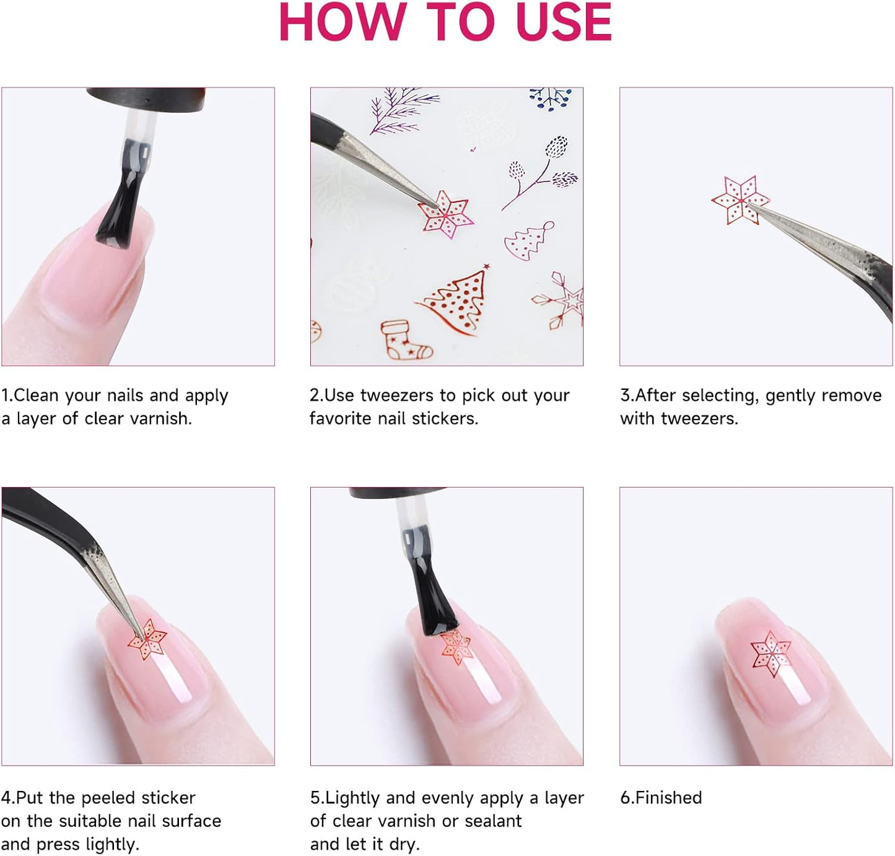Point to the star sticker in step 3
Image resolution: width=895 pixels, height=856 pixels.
pos(741,200)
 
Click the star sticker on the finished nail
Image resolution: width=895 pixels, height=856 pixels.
pos(771,653)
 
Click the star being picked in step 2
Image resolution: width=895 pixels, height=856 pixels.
pos(445,215)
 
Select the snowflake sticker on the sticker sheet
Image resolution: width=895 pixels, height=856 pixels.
pos(559,301)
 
